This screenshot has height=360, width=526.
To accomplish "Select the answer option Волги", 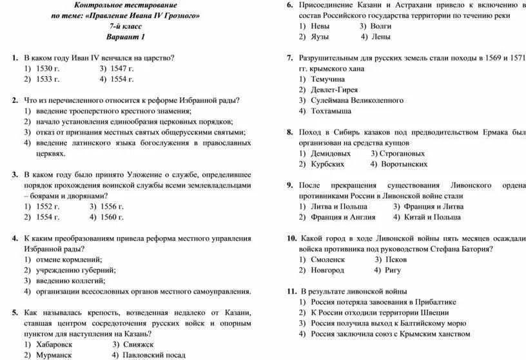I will (380, 26).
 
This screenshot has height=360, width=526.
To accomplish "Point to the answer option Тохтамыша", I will (331, 111).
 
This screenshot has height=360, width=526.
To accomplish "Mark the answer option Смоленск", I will (328, 259).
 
